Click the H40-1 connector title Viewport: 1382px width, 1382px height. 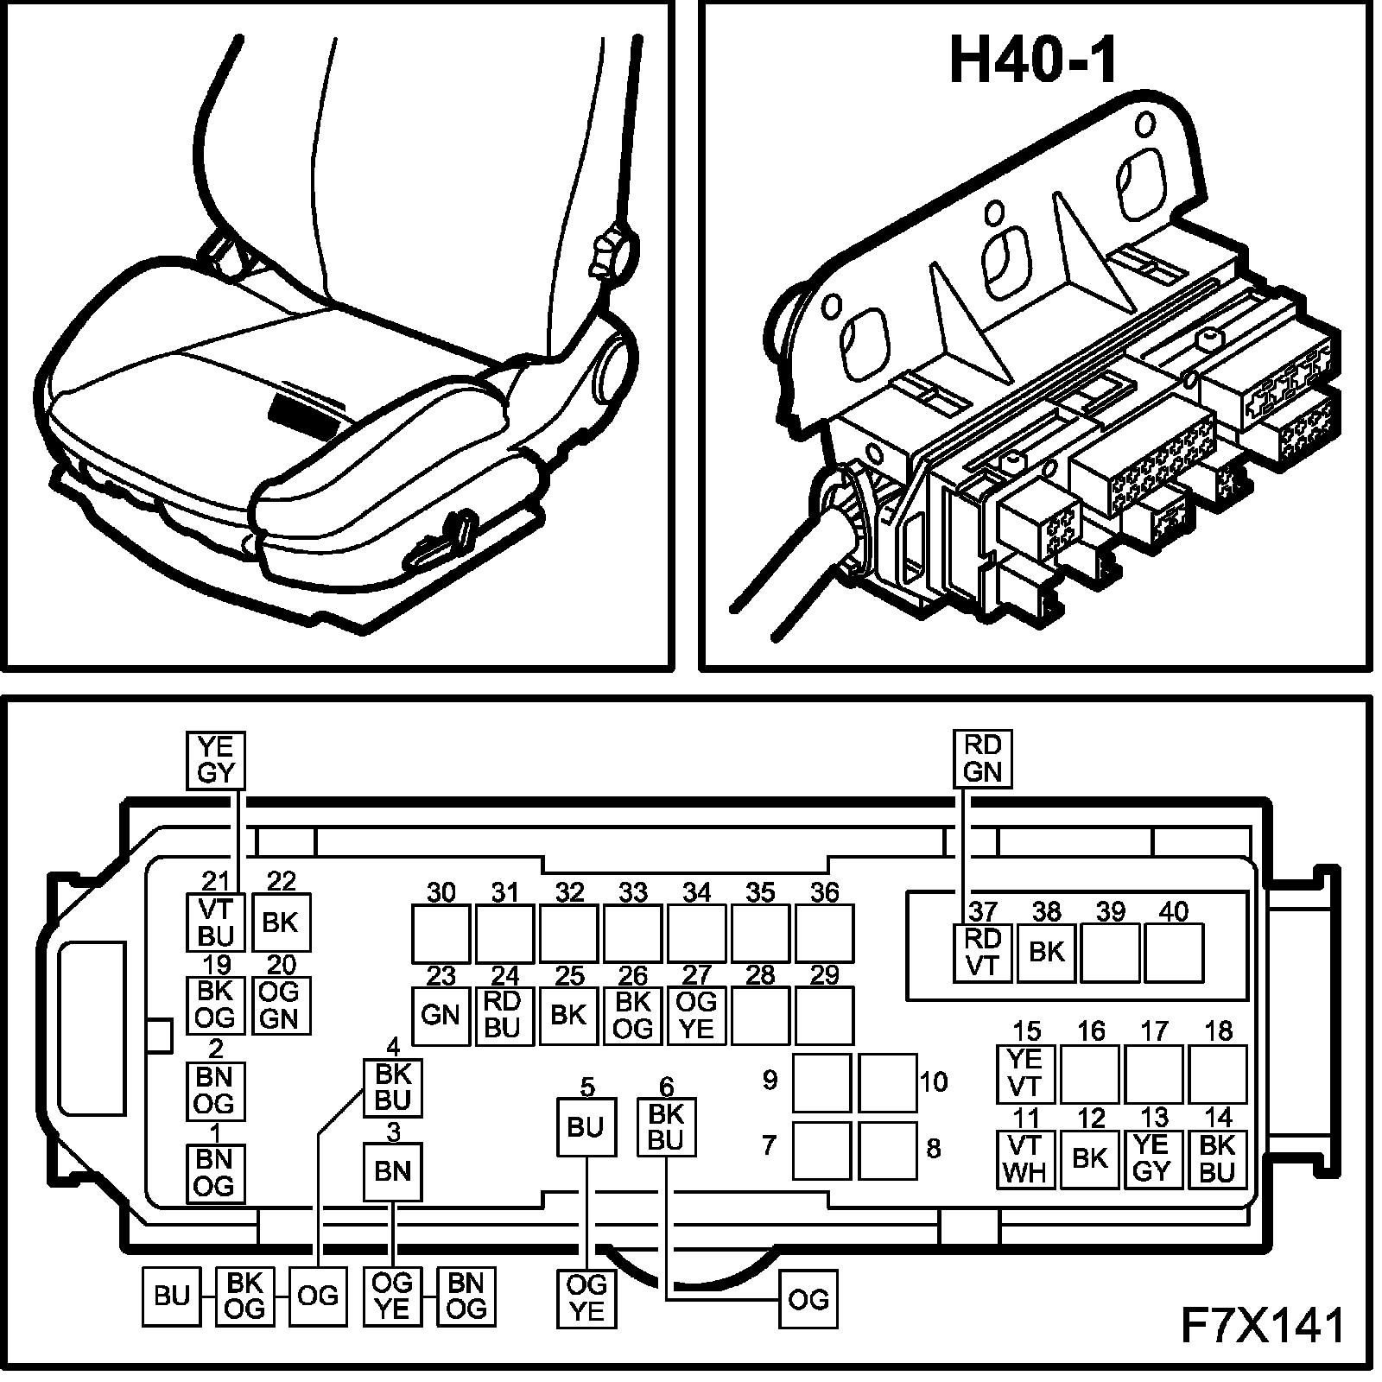pos(1033,60)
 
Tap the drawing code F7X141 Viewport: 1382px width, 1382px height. pos(1261,1326)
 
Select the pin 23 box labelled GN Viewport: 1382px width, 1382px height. pos(441,1015)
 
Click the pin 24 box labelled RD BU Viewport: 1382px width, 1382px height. pos(504,1015)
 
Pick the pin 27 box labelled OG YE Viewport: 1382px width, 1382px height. pos(696,1015)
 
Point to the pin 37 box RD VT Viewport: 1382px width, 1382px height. pos(982,952)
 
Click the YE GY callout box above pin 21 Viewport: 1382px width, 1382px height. pos(216,759)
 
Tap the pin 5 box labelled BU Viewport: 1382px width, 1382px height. pos(586,1127)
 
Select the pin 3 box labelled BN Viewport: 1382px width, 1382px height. pos(393,1171)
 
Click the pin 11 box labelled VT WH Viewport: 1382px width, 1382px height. pos(1025,1159)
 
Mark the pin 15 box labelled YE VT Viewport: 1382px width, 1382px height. pos(1025,1074)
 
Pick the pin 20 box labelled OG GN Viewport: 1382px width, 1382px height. pos(280,1005)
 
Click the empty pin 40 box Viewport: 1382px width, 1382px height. pos(1174,952)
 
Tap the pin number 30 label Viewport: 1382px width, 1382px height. pos(441,892)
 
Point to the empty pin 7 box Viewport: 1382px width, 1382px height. pos(821,1151)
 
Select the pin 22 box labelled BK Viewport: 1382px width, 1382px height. pos(280,922)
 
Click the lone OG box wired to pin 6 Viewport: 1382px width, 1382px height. pos(808,1299)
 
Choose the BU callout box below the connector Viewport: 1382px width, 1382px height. pos(171,1296)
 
